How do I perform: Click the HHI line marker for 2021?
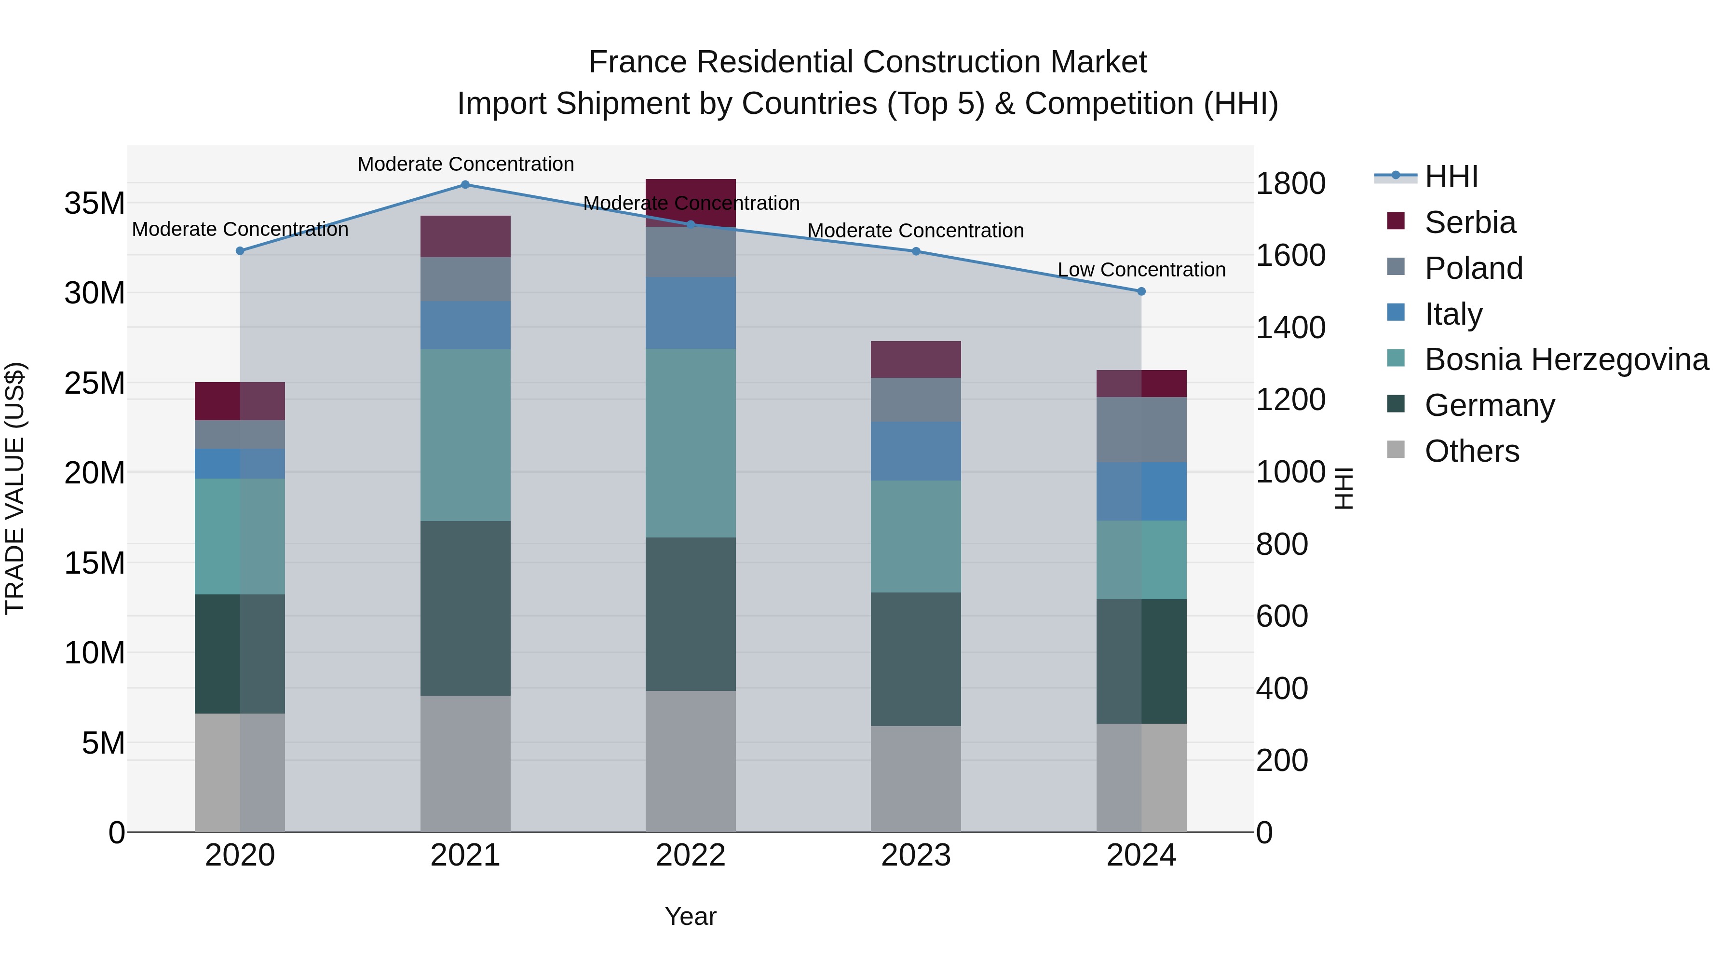pyautogui.click(x=465, y=185)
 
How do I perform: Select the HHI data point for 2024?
pyautogui.click(x=1141, y=291)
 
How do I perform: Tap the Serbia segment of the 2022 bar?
pyautogui.click(x=690, y=192)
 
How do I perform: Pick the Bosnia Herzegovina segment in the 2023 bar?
pyautogui.click(x=915, y=536)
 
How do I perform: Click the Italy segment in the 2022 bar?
pyautogui.click(x=690, y=312)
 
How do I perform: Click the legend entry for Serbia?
pyautogui.click(x=1469, y=222)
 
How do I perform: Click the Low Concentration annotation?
pyautogui.click(x=1141, y=270)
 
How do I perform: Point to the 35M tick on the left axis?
pyautogui.click(x=95, y=203)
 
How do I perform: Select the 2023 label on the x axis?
pyautogui.click(x=915, y=855)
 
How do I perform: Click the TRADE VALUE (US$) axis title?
pyautogui.click(x=15, y=488)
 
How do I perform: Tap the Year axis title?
pyautogui.click(x=690, y=916)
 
